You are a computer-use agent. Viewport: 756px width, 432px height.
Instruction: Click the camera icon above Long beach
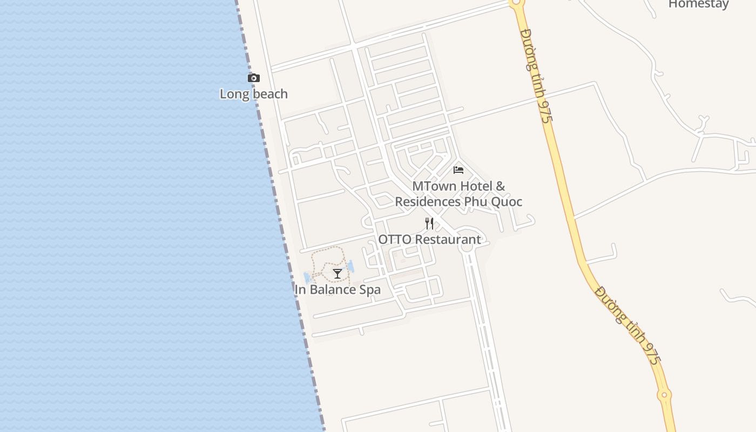tap(253, 78)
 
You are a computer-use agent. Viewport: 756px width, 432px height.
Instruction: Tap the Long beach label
tap(253, 94)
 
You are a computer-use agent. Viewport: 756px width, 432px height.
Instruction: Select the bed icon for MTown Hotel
tap(458, 170)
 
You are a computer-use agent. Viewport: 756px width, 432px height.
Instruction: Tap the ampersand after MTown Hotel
tap(501, 186)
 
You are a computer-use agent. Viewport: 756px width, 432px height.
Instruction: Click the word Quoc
tap(506, 202)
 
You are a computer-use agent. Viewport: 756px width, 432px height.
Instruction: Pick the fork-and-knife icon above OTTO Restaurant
tap(429, 223)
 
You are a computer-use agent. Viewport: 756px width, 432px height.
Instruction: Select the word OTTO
tap(394, 239)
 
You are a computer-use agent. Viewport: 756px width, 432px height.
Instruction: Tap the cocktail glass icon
tap(337, 274)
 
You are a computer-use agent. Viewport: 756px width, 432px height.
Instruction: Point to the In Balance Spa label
tap(337, 289)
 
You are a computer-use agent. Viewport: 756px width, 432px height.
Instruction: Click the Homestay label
tap(698, 4)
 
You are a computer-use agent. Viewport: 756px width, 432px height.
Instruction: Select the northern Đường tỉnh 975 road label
tap(536, 75)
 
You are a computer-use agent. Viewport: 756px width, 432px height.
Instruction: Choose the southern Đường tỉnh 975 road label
tap(627, 326)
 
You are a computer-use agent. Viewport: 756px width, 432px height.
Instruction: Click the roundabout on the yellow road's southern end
tap(664, 395)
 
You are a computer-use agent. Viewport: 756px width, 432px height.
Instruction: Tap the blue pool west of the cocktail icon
tap(307, 278)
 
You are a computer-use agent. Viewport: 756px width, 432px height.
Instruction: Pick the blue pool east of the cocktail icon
tap(350, 266)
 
